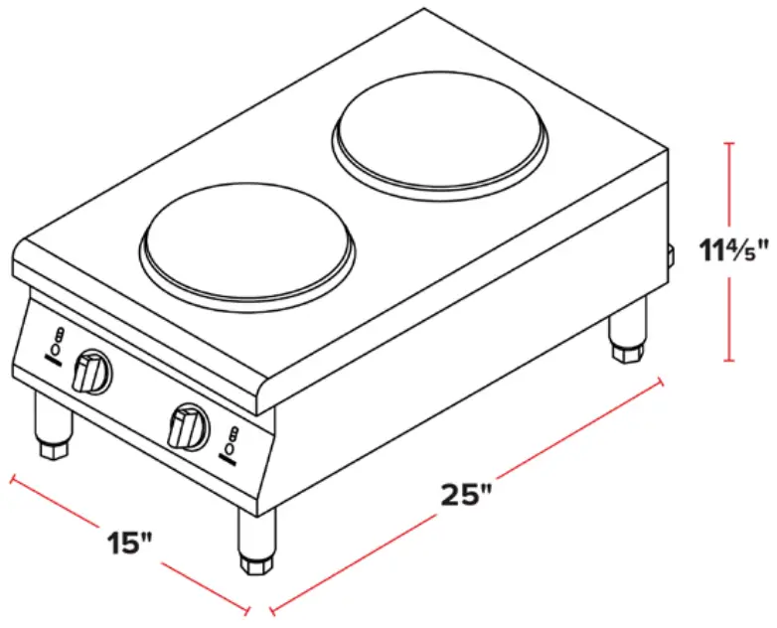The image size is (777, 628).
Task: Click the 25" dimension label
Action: click(467, 494)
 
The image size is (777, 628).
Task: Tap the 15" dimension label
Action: click(131, 543)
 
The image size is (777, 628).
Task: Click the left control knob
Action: click(93, 372)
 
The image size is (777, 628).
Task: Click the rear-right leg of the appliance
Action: click(628, 330)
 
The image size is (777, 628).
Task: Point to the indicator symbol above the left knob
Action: click(58, 342)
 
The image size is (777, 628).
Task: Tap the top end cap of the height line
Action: click(730, 145)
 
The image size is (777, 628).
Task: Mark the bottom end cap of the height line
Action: click(730, 361)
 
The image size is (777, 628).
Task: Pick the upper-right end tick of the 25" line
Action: click(660, 382)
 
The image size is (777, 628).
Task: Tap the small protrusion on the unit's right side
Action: click(671, 256)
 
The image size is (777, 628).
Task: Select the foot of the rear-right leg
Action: click(627, 352)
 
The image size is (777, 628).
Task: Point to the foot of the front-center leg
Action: click(254, 564)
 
